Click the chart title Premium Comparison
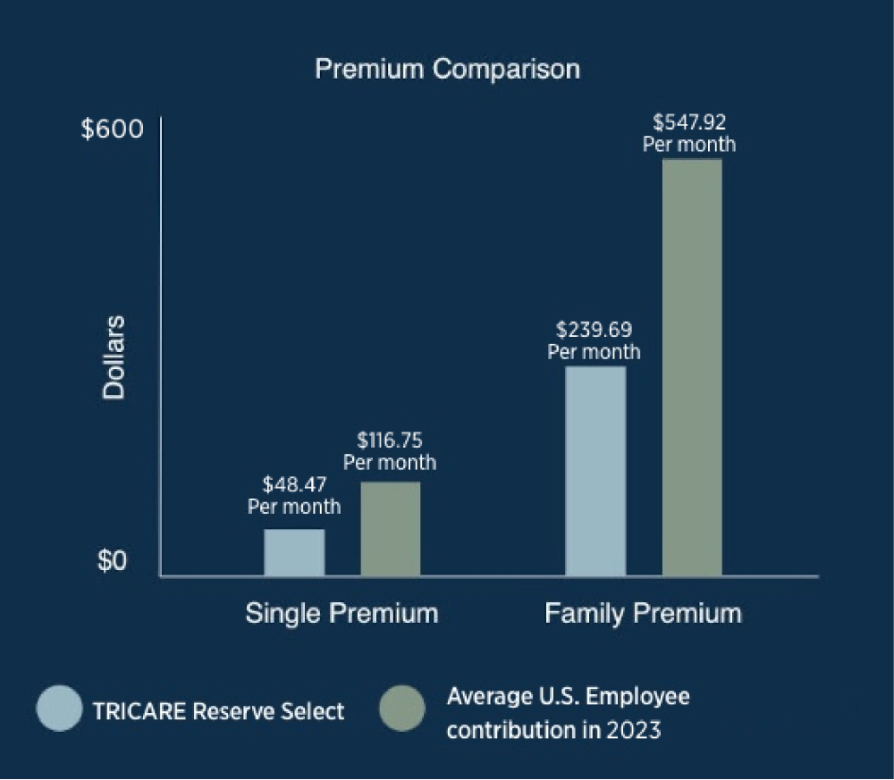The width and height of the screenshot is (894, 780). pyautogui.click(x=447, y=69)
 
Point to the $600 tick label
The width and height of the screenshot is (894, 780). pyautogui.click(x=112, y=129)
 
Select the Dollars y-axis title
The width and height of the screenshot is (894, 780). pyautogui.click(x=114, y=357)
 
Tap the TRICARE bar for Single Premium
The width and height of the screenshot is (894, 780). pyautogui.click(x=294, y=552)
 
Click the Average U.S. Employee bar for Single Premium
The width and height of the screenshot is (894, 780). pyautogui.click(x=390, y=529)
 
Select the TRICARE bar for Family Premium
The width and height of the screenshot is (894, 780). pyautogui.click(x=595, y=471)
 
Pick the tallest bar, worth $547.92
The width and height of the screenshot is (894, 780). pyautogui.click(x=691, y=367)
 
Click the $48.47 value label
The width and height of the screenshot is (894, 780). pyautogui.click(x=293, y=484)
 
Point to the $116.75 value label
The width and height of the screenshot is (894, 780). pyautogui.click(x=390, y=440)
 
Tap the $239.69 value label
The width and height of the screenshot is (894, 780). pyautogui.click(x=594, y=329)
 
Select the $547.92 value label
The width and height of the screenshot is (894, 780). pyautogui.click(x=689, y=121)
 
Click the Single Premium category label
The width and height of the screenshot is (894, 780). pyautogui.click(x=342, y=614)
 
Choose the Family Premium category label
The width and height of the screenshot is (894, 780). pyautogui.click(x=643, y=614)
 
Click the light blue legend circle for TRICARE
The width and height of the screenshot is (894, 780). pyautogui.click(x=59, y=709)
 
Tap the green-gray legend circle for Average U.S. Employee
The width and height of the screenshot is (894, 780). pyautogui.click(x=402, y=709)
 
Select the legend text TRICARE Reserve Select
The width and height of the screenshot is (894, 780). pyautogui.click(x=218, y=711)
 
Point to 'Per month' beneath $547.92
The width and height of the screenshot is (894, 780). pyautogui.click(x=689, y=144)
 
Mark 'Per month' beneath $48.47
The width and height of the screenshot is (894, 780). pyautogui.click(x=293, y=507)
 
